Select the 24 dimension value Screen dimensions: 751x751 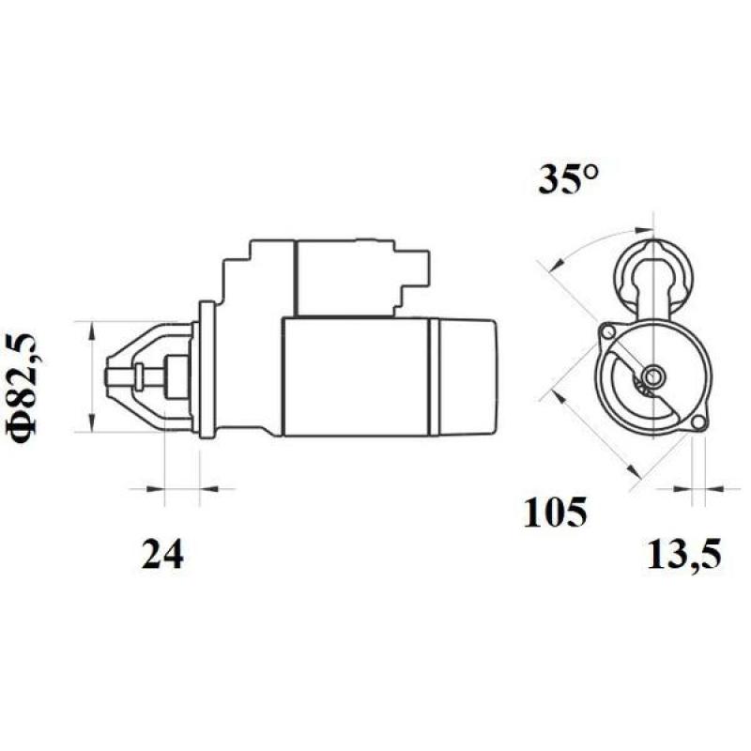point(162,555)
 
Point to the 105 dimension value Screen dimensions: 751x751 point(555,513)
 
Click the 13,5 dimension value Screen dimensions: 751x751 point(683,555)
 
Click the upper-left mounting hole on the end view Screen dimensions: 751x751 point(607,331)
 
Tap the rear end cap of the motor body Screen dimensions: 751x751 point(466,375)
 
